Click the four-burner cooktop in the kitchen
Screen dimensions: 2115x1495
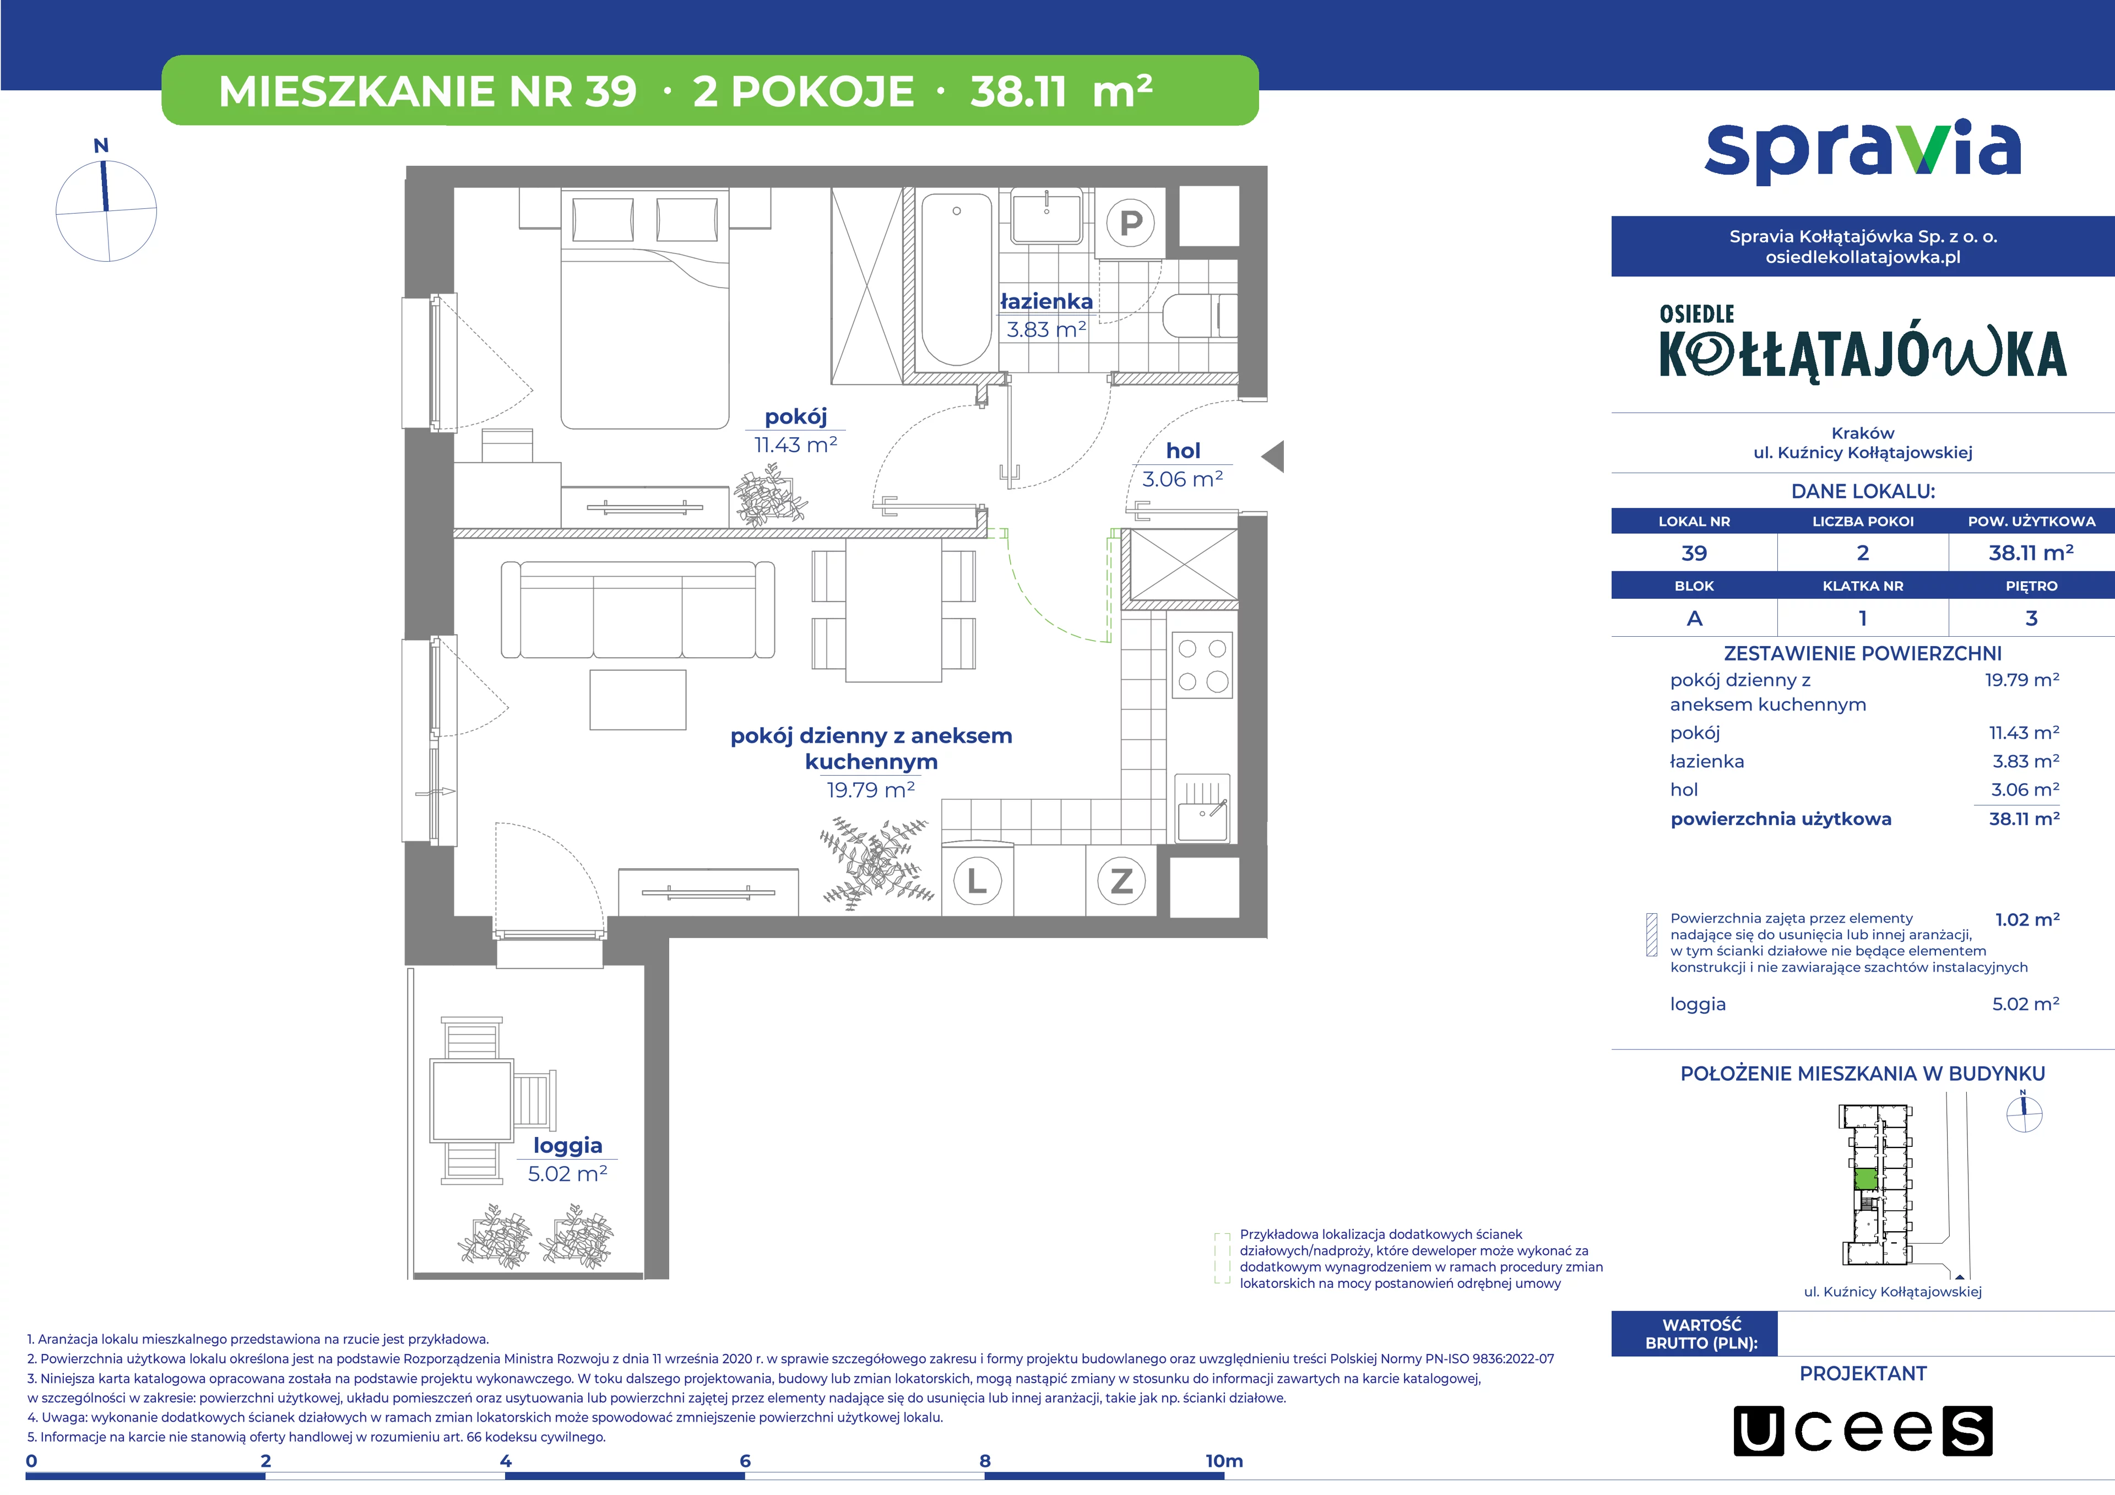pos(1202,664)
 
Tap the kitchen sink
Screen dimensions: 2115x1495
pos(1202,808)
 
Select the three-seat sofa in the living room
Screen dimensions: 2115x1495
pos(637,610)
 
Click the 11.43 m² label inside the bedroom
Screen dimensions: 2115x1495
pos(796,445)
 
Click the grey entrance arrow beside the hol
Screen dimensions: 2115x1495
pos(1272,456)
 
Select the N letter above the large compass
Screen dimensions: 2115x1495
pos(101,145)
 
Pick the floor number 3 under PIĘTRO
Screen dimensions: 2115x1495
pos(2031,618)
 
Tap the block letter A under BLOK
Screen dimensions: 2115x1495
pos(1694,618)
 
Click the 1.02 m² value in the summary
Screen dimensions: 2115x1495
pos(2026,919)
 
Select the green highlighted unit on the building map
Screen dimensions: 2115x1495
pos(1864,1179)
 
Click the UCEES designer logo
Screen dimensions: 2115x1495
pos(1863,1431)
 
